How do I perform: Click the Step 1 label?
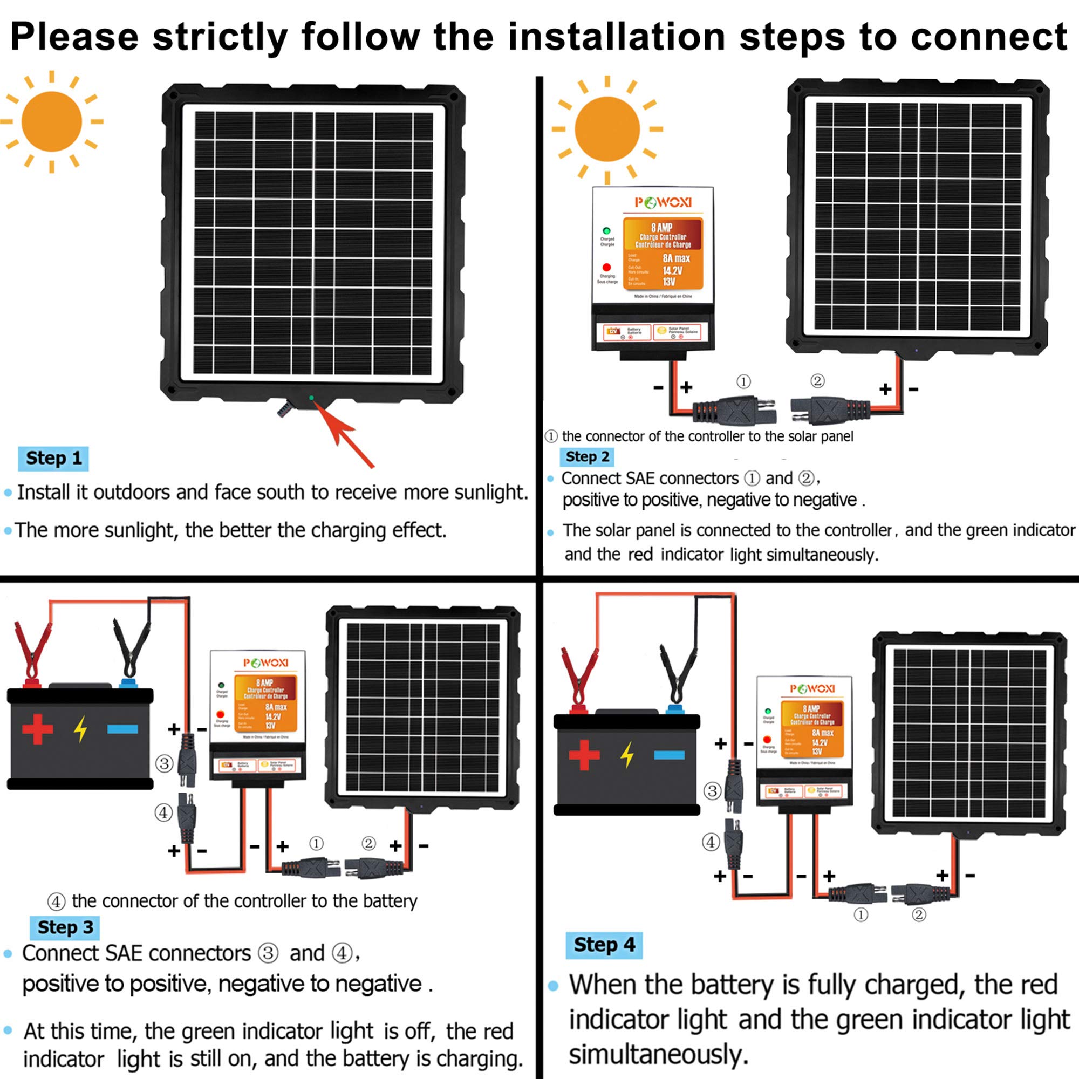tap(53, 459)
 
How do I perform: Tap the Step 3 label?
tap(65, 927)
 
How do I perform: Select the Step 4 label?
tap(604, 945)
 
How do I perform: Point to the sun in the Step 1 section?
tap(51, 122)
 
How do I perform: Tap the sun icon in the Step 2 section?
tap(607, 129)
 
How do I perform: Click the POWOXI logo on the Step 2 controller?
tap(663, 203)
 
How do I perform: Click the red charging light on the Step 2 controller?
tap(606, 268)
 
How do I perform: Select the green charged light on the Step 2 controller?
tap(606, 231)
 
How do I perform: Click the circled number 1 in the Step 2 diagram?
tap(743, 381)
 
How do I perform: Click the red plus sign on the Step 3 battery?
tap(37, 729)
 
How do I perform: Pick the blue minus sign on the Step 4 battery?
tap(669, 755)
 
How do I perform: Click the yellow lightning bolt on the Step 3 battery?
tap(81, 729)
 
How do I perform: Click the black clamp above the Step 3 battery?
tap(131, 648)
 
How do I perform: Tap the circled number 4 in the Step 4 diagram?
tap(711, 842)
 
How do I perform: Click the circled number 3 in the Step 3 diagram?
tap(164, 763)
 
